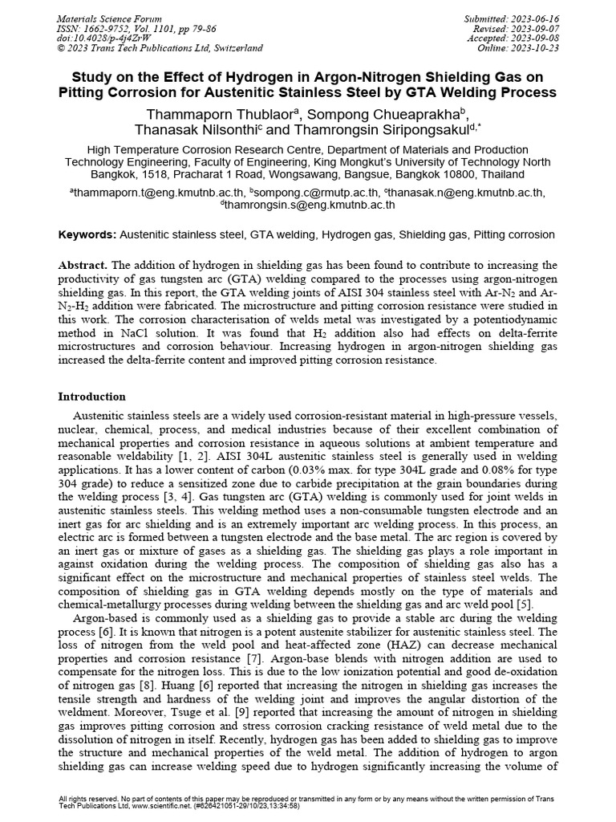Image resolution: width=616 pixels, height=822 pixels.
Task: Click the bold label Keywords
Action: point(87,234)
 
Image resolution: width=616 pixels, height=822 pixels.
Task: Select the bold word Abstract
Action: point(83,265)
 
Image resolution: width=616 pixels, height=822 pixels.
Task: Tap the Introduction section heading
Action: point(91,397)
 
